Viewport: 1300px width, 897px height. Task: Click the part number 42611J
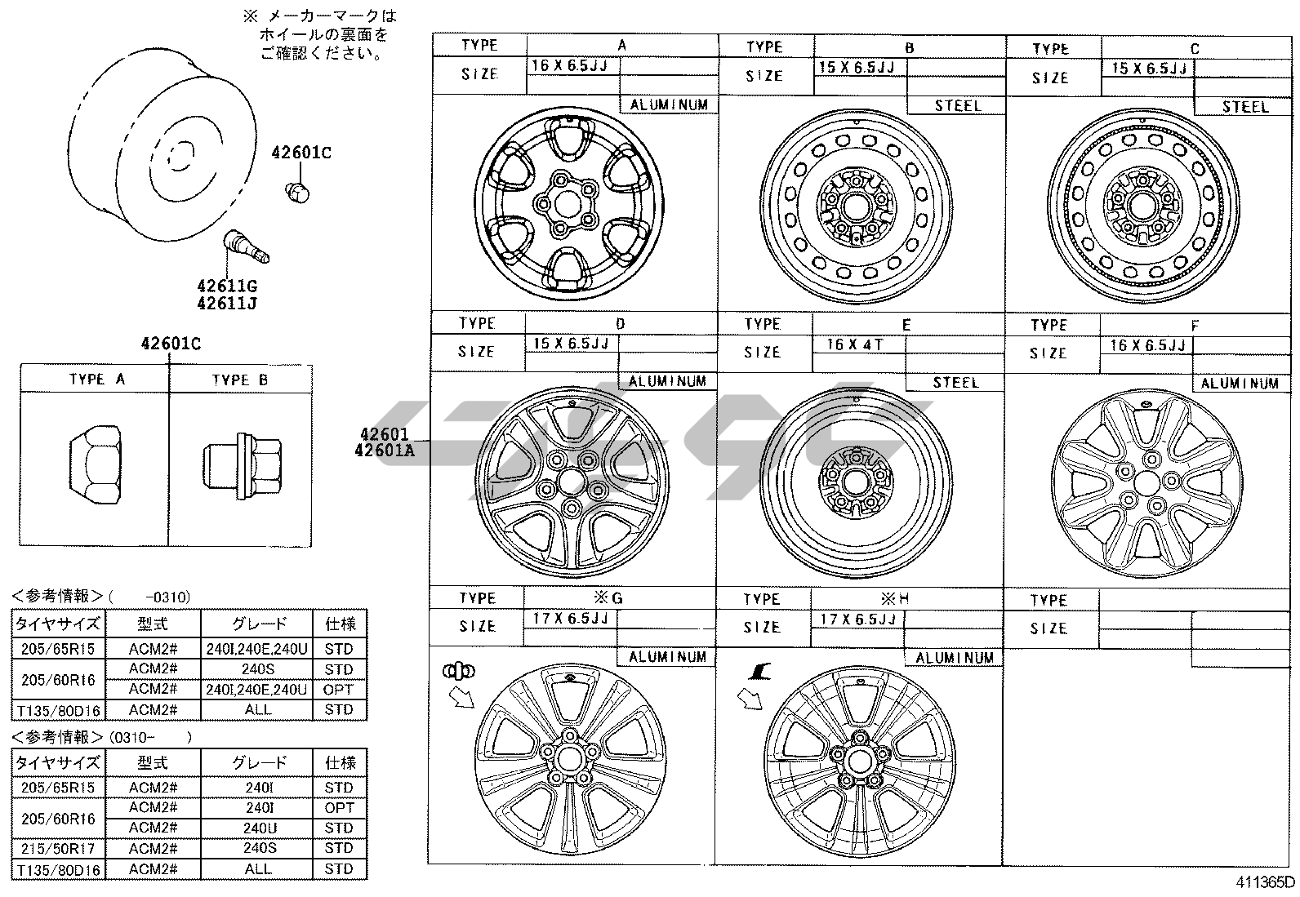coord(227,304)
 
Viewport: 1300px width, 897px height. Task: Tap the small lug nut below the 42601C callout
coord(298,192)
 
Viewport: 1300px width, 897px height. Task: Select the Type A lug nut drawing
coord(96,464)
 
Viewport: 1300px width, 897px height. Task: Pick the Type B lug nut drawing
coord(243,466)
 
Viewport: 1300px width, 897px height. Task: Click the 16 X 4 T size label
coord(855,345)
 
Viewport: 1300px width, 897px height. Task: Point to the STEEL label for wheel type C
coord(1244,107)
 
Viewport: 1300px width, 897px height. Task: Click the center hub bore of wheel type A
coord(568,204)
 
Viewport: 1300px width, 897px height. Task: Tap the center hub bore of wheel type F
coord(1146,482)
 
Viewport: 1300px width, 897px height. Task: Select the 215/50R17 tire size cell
coord(58,848)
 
